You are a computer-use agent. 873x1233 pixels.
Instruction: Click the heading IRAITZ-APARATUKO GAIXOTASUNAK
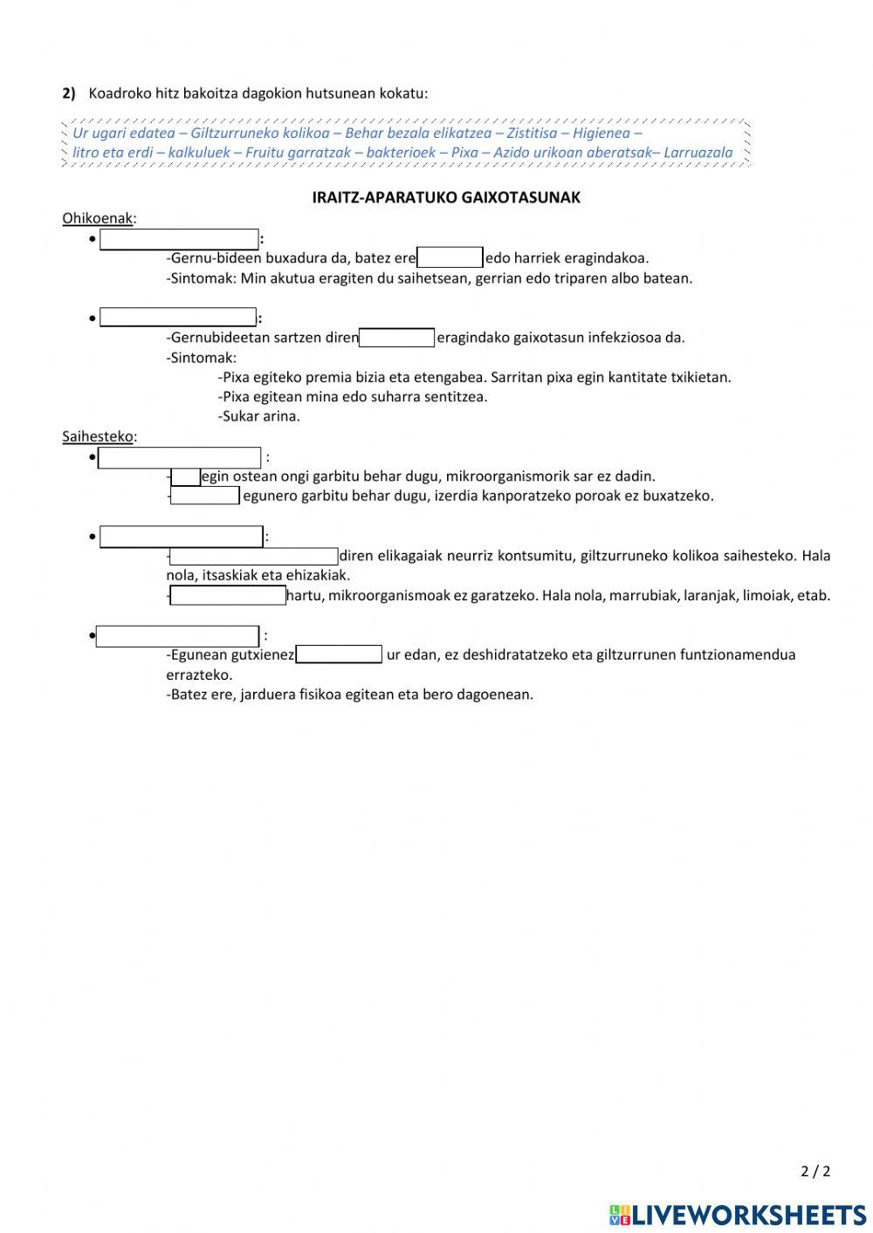[446, 197]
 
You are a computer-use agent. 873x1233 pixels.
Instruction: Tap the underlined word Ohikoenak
[98, 218]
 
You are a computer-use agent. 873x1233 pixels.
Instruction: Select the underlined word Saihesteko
[98, 436]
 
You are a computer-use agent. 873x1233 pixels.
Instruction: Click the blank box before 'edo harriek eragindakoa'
[450, 257]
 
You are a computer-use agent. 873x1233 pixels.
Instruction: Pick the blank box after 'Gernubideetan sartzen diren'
[396, 338]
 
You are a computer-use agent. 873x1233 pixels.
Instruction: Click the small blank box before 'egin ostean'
[185, 476]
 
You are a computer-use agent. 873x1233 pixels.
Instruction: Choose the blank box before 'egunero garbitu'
[204, 496]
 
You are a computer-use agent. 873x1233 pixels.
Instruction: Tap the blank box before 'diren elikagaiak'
[253, 556]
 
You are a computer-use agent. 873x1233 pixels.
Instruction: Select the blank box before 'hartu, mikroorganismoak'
[227, 596]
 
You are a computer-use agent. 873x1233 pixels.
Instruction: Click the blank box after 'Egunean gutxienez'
[339, 654]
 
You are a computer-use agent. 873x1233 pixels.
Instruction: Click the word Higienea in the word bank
[601, 134]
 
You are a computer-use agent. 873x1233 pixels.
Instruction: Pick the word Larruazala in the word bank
[698, 153]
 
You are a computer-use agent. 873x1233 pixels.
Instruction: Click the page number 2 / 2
[815, 1171]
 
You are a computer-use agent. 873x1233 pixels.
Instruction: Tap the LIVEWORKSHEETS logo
[738, 1214]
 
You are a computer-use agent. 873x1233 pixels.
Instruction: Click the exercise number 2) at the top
[69, 93]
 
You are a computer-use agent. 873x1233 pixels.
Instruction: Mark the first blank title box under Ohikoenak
[179, 239]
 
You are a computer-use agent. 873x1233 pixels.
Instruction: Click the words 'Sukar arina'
[258, 416]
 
